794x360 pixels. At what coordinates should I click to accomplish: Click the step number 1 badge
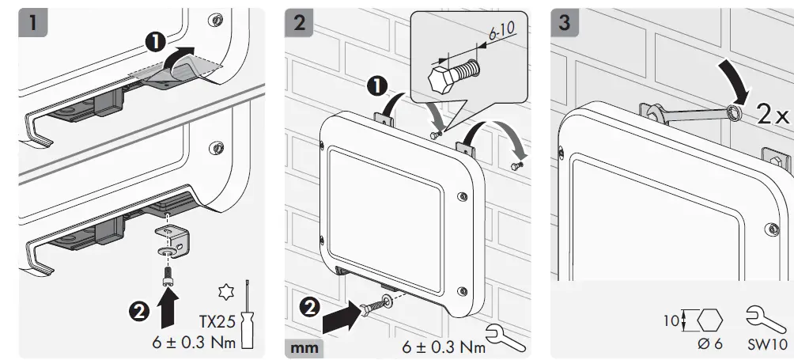(x=32, y=23)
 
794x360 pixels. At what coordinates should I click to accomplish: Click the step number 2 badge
(x=298, y=23)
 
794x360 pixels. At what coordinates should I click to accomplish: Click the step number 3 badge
(x=564, y=23)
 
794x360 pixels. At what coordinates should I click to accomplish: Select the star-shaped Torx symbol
(x=224, y=293)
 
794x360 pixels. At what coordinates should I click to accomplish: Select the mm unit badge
(x=304, y=347)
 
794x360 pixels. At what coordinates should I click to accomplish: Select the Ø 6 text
(x=709, y=345)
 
